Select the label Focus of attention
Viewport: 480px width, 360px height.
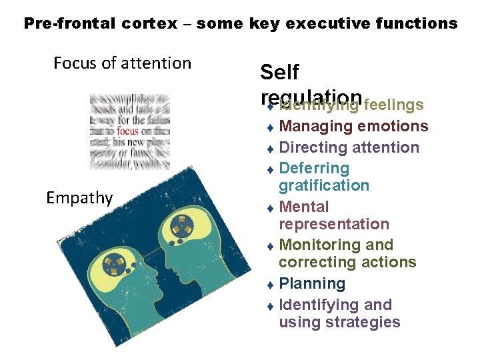(122, 63)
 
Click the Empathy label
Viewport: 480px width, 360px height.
(79, 197)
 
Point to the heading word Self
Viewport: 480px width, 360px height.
(279, 72)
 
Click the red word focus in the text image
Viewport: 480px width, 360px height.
(127, 131)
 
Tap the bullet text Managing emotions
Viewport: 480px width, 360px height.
(353, 126)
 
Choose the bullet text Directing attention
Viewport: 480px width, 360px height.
(349, 147)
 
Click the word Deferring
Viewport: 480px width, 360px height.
(314, 168)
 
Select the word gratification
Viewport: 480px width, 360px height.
(324, 185)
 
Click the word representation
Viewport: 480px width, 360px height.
(334, 224)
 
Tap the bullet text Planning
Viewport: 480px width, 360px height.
(312, 283)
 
